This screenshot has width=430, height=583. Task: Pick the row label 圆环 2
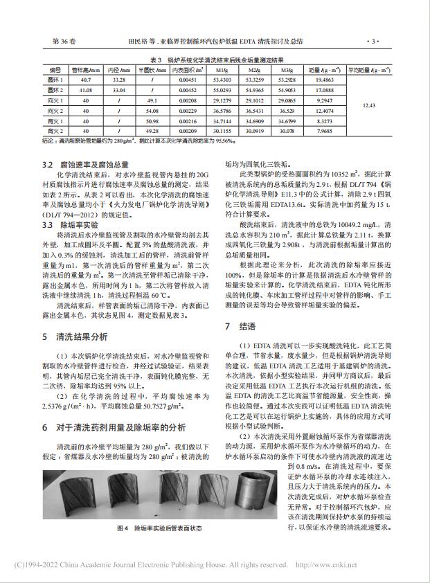tap(55, 91)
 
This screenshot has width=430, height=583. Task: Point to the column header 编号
tap(54, 71)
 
